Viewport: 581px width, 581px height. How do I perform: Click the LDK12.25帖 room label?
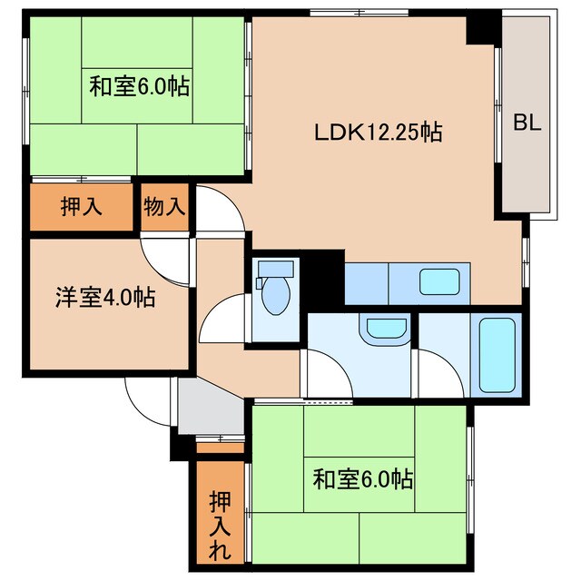pyautogui.click(x=379, y=133)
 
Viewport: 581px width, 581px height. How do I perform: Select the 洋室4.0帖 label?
pyautogui.click(x=105, y=297)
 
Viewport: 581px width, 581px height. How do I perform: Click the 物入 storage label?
pyautogui.click(x=164, y=206)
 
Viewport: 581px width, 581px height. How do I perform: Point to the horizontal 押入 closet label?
pyautogui.click(x=81, y=206)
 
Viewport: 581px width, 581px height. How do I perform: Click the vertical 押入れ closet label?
pyautogui.click(x=220, y=526)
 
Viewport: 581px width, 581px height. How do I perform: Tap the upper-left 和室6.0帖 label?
pyautogui.click(x=139, y=86)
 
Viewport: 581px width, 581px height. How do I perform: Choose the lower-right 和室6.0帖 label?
pyautogui.click(x=363, y=479)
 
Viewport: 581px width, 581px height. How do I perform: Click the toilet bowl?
pyautogui.click(x=275, y=296)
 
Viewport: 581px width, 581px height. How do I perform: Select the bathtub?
pyautogui.click(x=497, y=355)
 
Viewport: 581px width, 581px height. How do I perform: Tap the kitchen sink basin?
pyautogui.click(x=439, y=282)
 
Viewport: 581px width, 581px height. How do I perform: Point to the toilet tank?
pyautogui.click(x=276, y=269)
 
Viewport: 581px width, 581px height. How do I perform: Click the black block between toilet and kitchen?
pyautogui.click(x=322, y=277)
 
